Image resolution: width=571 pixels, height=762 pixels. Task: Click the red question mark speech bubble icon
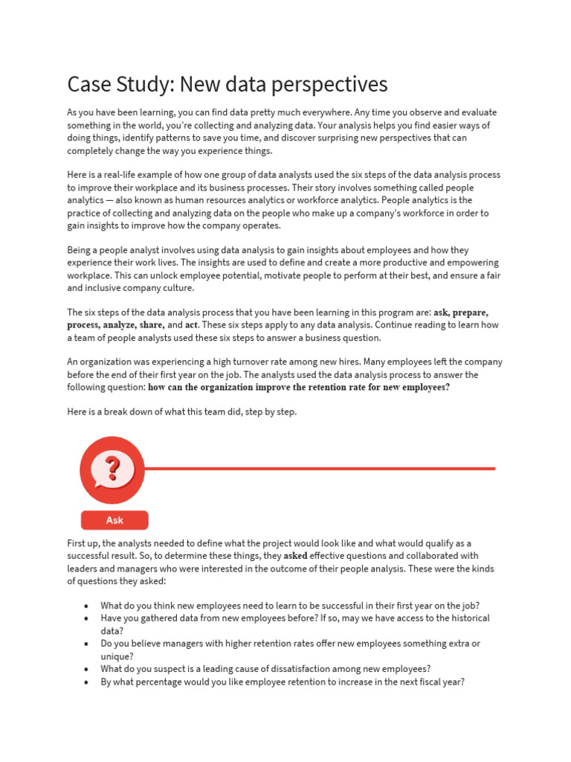coord(112,470)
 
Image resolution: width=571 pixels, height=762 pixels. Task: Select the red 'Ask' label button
coord(114,520)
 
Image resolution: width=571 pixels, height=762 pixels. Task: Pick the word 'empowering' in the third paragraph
coord(472,263)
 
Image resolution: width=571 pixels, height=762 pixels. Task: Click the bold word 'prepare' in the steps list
coord(470,313)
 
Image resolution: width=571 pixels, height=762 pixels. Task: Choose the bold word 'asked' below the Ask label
coord(295,556)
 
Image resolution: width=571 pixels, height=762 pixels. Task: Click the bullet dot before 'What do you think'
coord(87,606)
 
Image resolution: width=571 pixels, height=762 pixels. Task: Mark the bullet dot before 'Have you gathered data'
coord(87,619)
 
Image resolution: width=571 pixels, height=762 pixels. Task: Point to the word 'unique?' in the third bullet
coord(118,656)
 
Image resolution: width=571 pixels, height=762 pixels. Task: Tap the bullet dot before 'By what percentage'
coord(87,682)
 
